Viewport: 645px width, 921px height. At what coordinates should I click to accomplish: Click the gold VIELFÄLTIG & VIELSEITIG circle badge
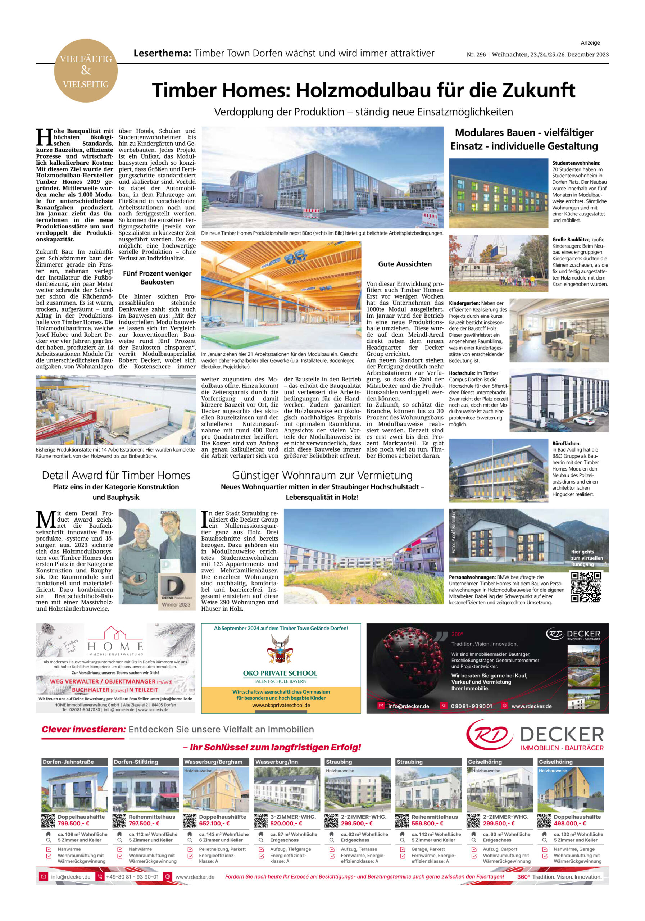(x=86, y=71)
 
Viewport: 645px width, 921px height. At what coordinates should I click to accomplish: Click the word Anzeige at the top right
(x=590, y=43)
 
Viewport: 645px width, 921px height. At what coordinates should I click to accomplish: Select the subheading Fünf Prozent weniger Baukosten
(x=157, y=278)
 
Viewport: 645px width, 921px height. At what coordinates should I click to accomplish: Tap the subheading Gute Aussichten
(x=405, y=264)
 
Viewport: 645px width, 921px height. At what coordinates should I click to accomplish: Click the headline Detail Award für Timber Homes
(x=116, y=475)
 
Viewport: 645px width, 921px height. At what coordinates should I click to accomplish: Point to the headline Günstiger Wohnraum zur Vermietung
(x=322, y=475)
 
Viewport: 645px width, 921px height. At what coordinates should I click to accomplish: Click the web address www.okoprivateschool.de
(x=281, y=705)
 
